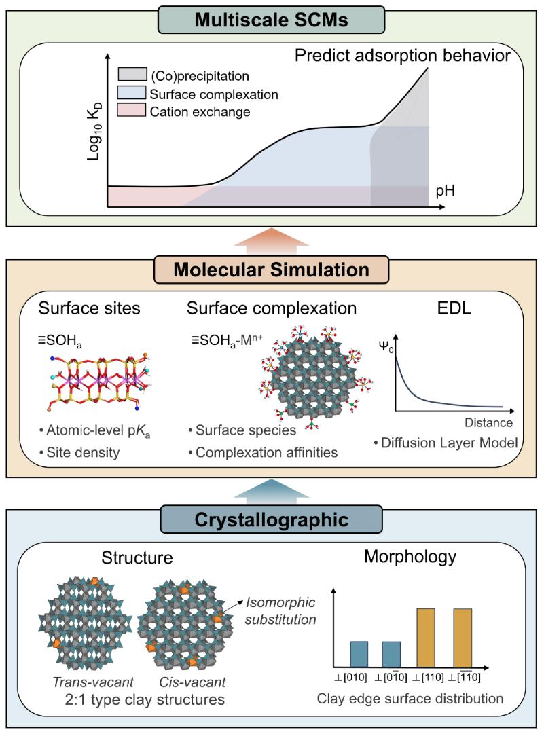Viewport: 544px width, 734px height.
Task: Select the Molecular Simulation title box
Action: (x=271, y=270)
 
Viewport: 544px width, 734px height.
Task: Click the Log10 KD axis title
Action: (x=94, y=134)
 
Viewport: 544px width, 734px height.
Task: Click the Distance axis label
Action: (x=488, y=423)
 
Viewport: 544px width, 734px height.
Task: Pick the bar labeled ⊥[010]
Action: (x=350, y=653)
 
